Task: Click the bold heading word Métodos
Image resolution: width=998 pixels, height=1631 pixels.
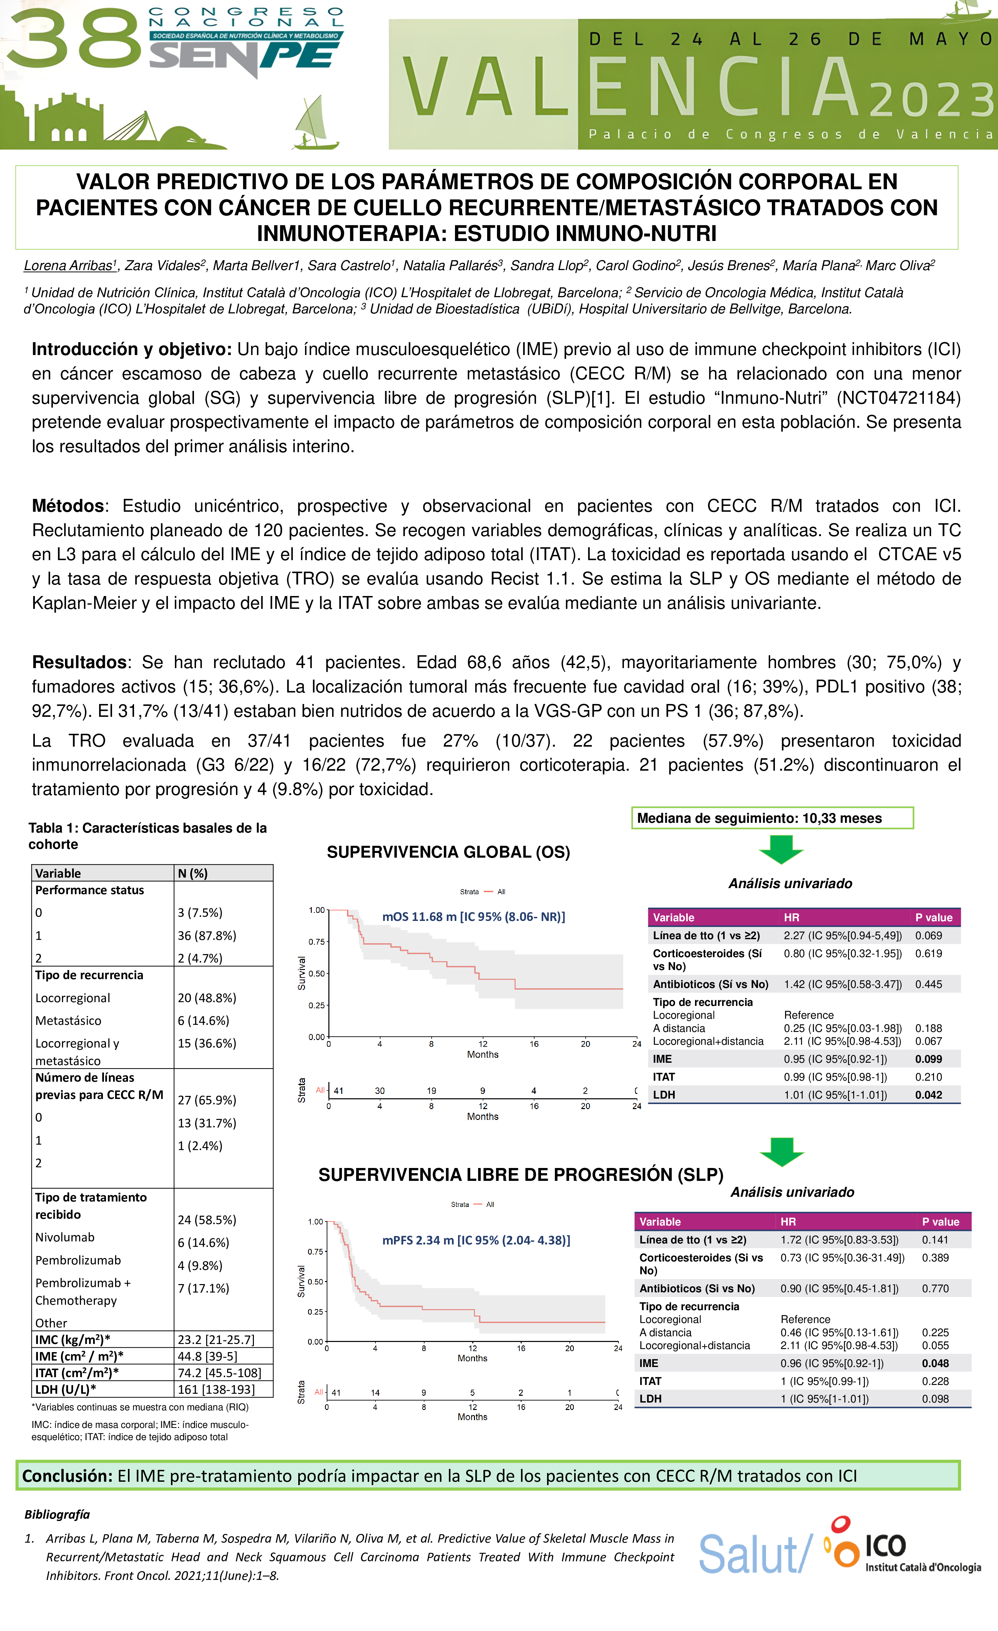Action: tap(68, 506)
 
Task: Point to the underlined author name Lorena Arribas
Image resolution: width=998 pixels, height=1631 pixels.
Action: tap(68, 265)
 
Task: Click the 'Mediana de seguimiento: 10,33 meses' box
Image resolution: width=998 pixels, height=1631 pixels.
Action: tap(772, 818)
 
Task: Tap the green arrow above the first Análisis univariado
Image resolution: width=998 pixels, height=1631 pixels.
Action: tap(781, 849)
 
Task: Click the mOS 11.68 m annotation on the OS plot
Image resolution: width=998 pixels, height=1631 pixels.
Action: tap(474, 917)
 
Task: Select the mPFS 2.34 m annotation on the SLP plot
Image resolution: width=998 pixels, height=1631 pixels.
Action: tap(476, 1240)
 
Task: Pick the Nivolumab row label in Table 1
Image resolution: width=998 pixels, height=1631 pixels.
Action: tap(65, 1237)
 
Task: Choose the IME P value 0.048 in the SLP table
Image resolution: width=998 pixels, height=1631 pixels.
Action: tap(935, 1363)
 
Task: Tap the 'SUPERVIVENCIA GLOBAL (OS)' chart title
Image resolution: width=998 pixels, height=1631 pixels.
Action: tap(448, 852)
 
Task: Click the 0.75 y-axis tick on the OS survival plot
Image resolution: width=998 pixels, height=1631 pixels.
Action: tap(317, 941)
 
